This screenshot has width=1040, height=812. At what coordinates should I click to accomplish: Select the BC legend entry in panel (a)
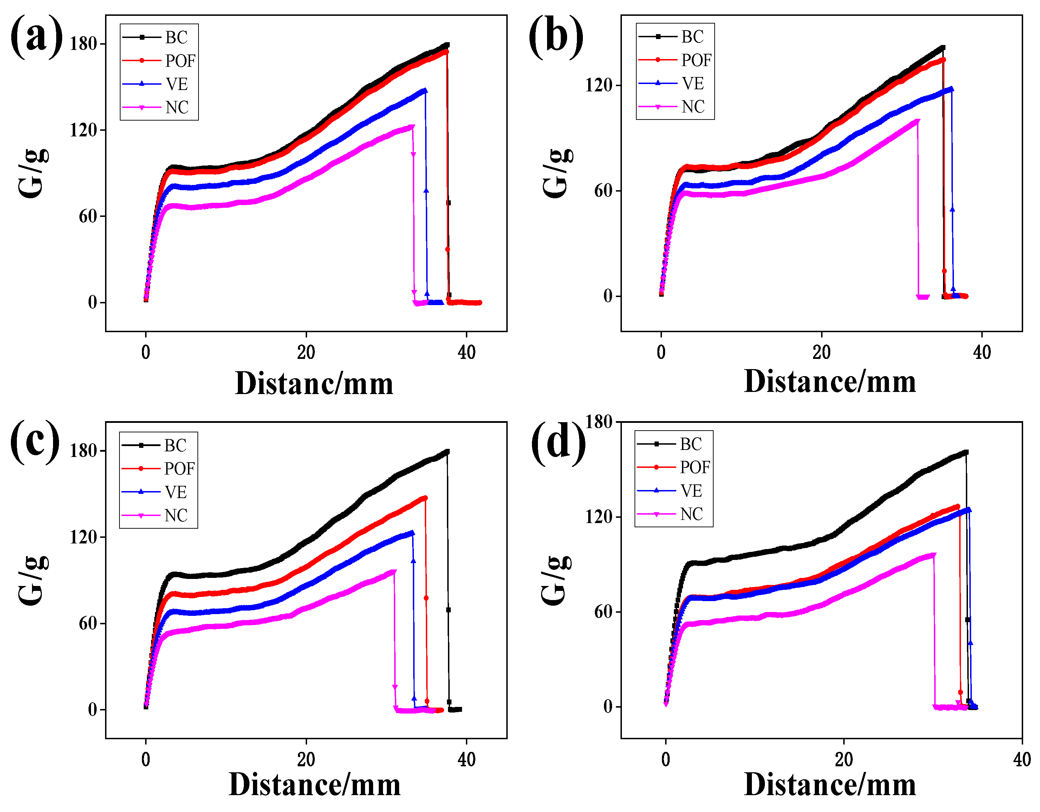(176, 37)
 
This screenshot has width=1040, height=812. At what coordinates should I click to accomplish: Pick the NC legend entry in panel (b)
(693, 107)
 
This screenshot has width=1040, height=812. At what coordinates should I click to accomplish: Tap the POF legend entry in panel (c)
(179, 469)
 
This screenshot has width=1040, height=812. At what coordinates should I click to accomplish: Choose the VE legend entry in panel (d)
(691, 490)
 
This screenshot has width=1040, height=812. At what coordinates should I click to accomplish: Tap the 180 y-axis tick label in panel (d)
(599, 422)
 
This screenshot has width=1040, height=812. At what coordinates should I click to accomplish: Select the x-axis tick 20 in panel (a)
(306, 353)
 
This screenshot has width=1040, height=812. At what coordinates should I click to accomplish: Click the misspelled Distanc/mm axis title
(314, 384)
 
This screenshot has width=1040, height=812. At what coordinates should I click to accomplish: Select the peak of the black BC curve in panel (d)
(966, 452)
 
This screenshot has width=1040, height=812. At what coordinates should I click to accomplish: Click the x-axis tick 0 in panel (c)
(146, 760)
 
